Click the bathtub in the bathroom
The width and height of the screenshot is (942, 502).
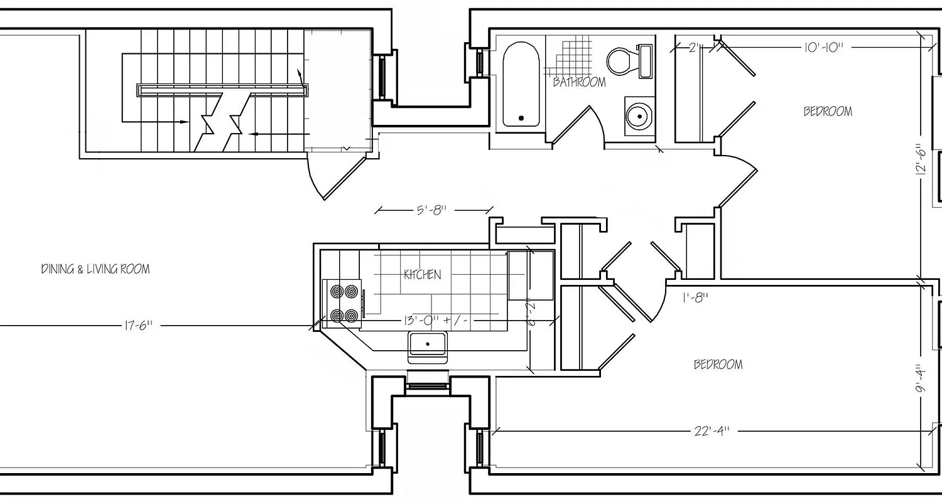pyautogui.click(x=521, y=85)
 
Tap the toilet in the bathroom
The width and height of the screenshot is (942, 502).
pyautogui.click(x=621, y=61)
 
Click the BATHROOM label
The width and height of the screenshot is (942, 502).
pyautogui.click(x=579, y=82)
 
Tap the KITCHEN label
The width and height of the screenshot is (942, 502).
pyautogui.click(x=422, y=275)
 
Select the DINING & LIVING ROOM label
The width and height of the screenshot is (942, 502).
pyautogui.click(x=95, y=269)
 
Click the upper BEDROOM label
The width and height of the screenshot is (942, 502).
pyautogui.click(x=828, y=112)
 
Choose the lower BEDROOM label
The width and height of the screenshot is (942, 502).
pyautogui.click(x=718, y=365)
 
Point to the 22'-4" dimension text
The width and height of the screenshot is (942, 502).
pyautogui.click(x=712, y=432)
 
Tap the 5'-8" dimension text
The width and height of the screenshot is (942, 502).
pyautogui.click(x=431, y=210)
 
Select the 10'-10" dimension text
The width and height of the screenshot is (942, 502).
pyautogui.click(x=822, y=47)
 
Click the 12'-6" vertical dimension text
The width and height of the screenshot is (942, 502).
pyautogui.click(x=921, y=160)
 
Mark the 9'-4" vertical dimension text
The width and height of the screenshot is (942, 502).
pyautogui.click(x=921, y=380)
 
